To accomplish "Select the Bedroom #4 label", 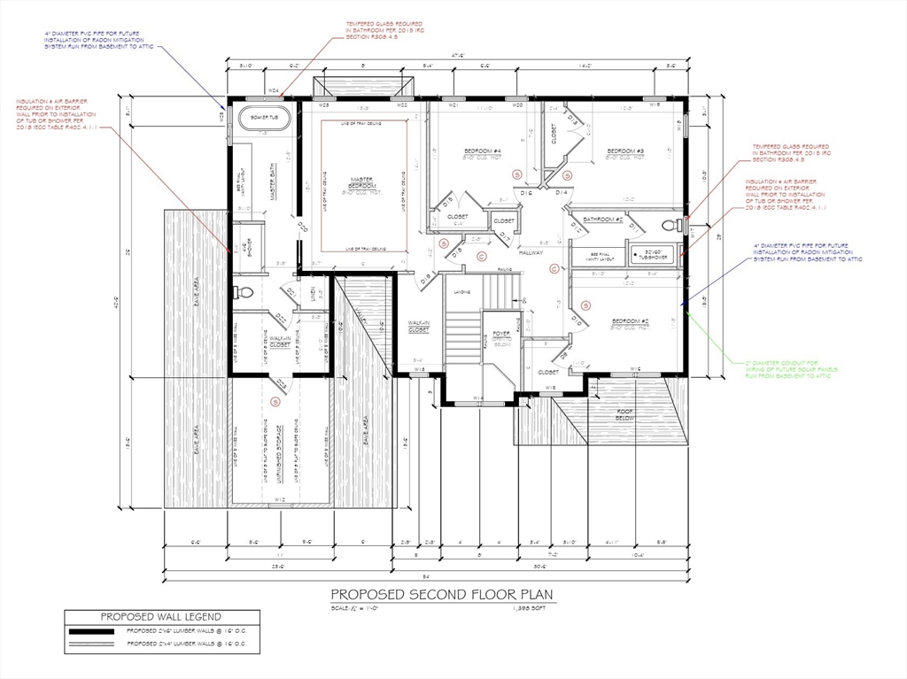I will point(483,152).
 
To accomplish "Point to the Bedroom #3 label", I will point(625,152).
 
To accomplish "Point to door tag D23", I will point(281,382).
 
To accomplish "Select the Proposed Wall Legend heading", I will point(160,616).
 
